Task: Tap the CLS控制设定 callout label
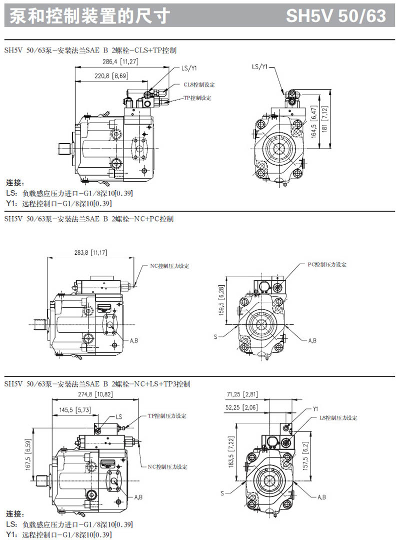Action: point(198,85)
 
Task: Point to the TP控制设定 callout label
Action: point(197,98)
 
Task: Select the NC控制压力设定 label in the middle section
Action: point(170,266)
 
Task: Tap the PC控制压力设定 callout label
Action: point(327,264)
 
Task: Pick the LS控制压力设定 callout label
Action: point(338,417)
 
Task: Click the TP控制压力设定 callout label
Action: point(167,416)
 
